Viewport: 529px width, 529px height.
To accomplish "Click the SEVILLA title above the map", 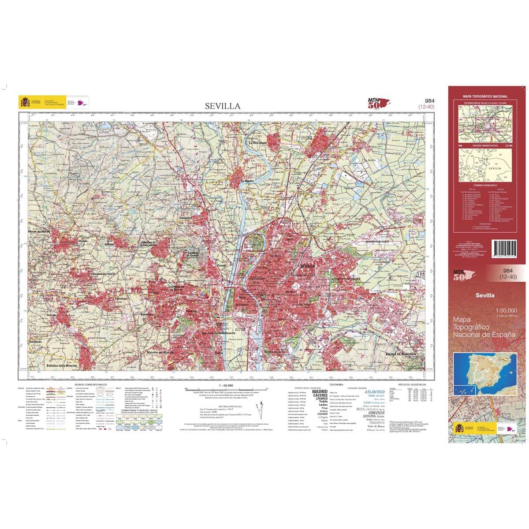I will (x=223, y=106).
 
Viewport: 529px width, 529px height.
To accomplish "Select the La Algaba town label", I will (x=248, y=181).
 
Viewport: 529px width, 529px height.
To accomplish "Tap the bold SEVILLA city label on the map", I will (x=307, y=266).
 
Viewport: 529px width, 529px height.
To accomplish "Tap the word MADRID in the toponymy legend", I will (x=320, y=391).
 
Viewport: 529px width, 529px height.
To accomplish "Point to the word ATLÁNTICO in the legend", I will (x=374, y=391).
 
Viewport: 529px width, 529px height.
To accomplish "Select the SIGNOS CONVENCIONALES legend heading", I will (x=91, y=385).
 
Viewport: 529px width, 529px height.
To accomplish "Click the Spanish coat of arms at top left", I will (x=24, y=103).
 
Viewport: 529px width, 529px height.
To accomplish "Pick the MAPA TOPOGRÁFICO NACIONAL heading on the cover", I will (x=485, y=96).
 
